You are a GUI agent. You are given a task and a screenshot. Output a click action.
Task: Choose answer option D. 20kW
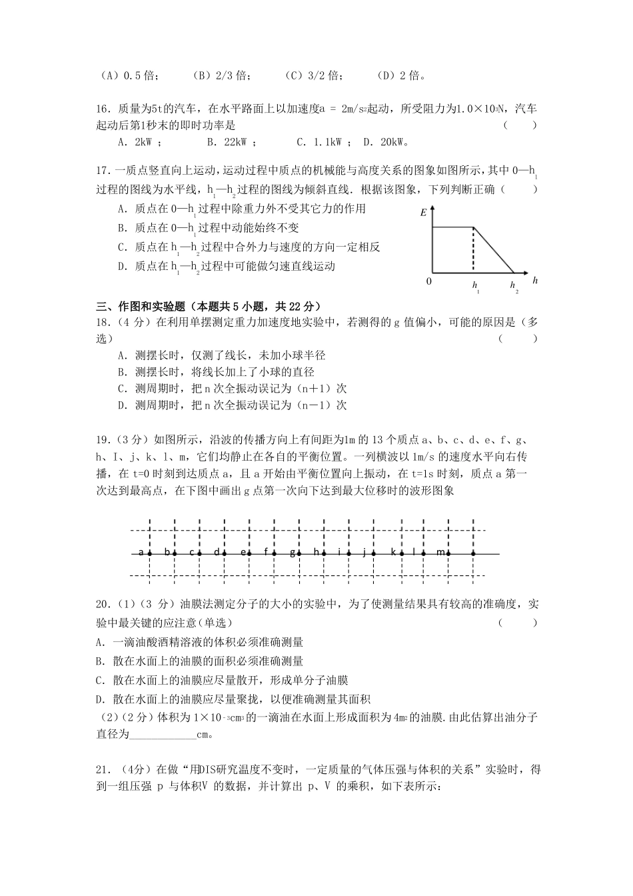tap(394, 141)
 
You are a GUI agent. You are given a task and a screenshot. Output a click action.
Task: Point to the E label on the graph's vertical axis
tap(423, 213)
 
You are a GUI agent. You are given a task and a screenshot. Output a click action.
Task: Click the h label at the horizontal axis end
tap(534, 281)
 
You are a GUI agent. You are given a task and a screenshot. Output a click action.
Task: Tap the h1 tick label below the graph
tap(476, 287)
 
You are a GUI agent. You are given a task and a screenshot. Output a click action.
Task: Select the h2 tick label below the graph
tap(514, 287)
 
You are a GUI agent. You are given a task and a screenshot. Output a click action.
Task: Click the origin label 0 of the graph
tap(428, 282)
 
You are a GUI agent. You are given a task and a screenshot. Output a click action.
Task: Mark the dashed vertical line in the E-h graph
tap(474, 250)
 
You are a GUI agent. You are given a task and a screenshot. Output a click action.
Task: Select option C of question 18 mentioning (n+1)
tap(232, 388)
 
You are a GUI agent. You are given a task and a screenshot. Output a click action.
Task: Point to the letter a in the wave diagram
tap(141, 552)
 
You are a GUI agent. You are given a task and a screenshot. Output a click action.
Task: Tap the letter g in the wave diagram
tap(292, 552)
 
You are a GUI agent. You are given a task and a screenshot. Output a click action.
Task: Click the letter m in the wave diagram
tap(440, 552)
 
